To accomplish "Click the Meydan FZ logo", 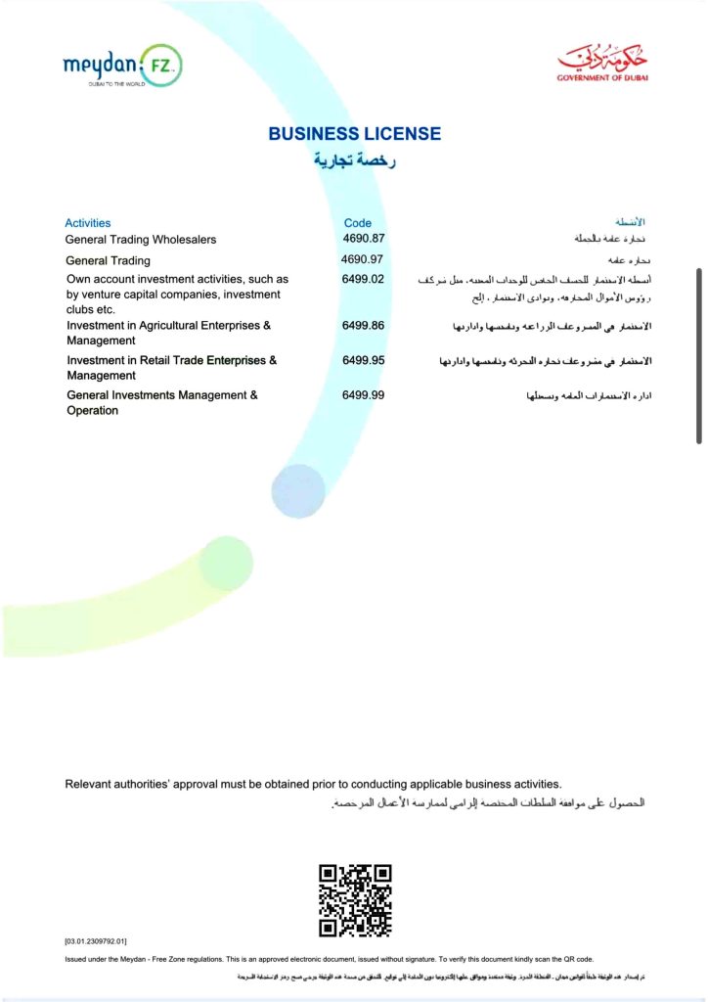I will tap(123, 66).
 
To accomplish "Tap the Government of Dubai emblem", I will tap(602, 61).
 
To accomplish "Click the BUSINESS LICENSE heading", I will tap(354, 134).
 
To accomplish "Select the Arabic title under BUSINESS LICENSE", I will tap(354, 159).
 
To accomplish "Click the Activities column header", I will tap(88, 223).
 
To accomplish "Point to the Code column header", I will tap(358, 223).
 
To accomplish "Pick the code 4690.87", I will tap(364, 238).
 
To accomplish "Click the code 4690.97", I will tap(363, 259).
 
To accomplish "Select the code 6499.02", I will tap(364, 279).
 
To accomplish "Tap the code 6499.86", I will tap(364, 324).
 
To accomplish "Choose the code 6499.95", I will tap(364, 360).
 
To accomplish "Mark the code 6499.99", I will tap(364, 394).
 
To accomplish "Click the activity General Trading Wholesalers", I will tap(141, 240).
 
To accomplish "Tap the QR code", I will tap(355, 900).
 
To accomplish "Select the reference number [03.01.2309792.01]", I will tap(96, 941).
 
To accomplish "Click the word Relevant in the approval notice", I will tap(91, 784).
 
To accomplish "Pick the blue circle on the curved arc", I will tap(298, 491).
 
